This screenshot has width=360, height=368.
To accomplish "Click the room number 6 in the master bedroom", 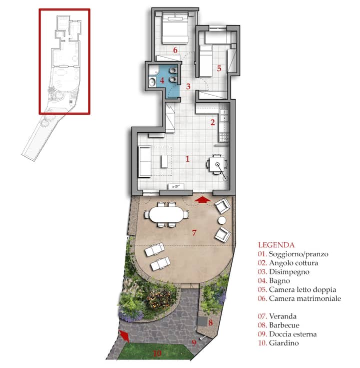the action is [175, 50].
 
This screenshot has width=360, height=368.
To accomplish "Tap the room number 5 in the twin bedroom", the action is [219, 68].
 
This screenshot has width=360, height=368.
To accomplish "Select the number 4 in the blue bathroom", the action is [161, 81].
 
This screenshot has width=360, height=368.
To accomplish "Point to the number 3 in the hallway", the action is [188, 86].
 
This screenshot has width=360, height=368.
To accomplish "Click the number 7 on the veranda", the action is [194, 233].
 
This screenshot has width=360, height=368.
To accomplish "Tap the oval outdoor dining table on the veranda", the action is [166, 215].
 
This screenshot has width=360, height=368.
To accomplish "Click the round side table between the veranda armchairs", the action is [221, 220].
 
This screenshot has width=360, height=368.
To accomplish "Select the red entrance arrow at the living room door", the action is [202, 200].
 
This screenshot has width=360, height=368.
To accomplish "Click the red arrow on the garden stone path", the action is [124, 336].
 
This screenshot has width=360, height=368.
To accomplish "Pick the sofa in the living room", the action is [144, 161].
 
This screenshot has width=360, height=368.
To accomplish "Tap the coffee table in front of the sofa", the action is [164, 161].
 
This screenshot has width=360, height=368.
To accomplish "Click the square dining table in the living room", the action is [217, 164].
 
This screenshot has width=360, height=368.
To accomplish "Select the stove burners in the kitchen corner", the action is [223, 137].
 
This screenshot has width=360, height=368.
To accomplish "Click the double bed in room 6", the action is [175, 29].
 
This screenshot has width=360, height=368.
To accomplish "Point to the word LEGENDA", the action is [276, 245].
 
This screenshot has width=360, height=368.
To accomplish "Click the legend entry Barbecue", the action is [284, 325].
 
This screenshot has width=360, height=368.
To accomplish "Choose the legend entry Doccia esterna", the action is [292, 334].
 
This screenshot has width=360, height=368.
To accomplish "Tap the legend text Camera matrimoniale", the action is [305, 298].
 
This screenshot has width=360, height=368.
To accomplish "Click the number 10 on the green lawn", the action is [157, 353].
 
